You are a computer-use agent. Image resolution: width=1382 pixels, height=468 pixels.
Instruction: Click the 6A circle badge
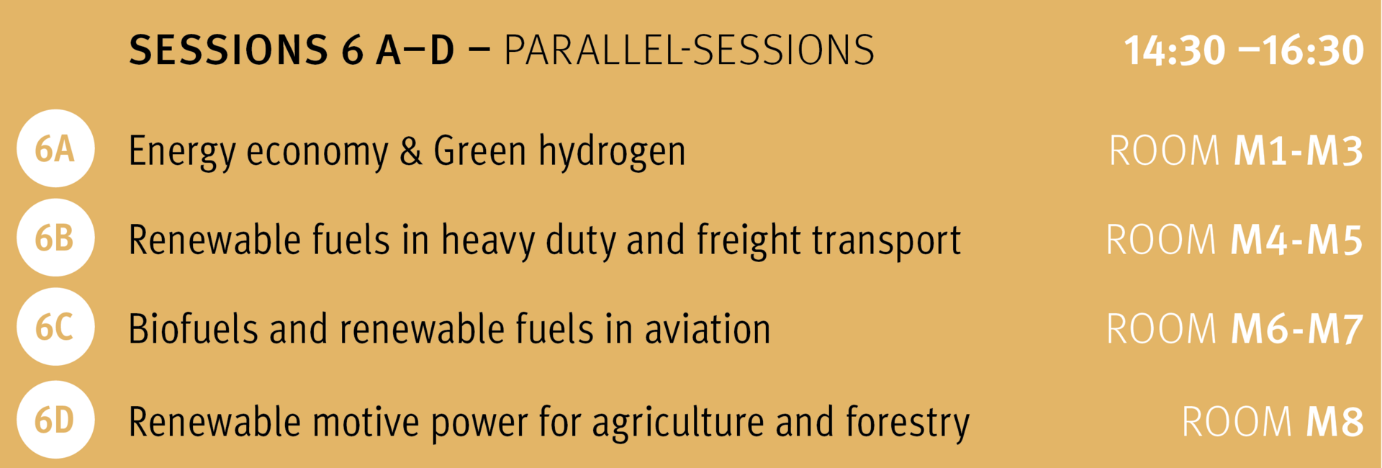56,148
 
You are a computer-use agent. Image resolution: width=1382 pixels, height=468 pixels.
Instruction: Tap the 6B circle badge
56,238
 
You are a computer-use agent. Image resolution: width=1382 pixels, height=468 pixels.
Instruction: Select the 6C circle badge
56,327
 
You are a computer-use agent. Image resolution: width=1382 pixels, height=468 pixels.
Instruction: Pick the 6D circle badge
56,420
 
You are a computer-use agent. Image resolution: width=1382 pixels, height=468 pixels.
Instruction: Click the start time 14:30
1175,50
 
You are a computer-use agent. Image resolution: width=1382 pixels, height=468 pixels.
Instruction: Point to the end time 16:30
1314,50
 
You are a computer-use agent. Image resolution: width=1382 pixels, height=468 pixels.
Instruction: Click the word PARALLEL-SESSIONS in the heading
689,50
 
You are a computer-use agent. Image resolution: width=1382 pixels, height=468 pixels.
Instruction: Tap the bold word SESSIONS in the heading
228,50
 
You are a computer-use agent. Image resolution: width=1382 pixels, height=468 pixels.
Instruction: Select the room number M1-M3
1299,151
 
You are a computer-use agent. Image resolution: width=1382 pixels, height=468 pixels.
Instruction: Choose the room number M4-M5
1297,240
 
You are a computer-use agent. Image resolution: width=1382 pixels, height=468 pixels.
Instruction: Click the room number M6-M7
1297,329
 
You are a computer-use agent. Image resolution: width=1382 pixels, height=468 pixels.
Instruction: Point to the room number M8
1335,422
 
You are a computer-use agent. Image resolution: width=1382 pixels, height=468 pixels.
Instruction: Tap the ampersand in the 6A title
411,151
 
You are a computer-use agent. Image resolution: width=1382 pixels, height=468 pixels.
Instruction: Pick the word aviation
708,329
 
